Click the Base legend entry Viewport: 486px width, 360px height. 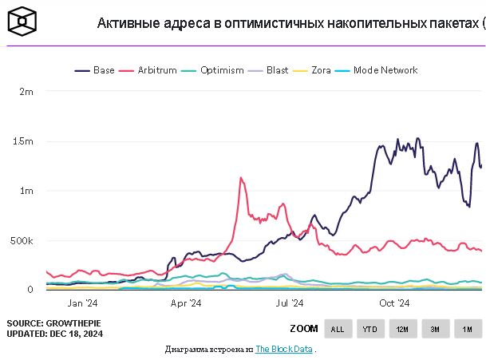[x=95, y=70]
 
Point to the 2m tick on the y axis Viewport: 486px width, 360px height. [x=26, y=92]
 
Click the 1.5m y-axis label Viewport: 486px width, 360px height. [x=24, y=141]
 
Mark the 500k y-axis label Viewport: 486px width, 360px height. [x=22, y=240]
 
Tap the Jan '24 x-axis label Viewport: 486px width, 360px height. [x=82, y=303]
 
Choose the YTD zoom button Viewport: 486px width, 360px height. [x=370, y=329]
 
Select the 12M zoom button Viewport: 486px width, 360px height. [x=402, y=329]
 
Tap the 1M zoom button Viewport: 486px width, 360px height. [x=468, y=329]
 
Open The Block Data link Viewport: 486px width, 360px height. [x=283, y=350]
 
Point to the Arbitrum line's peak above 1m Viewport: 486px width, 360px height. [x=240, y=179]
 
